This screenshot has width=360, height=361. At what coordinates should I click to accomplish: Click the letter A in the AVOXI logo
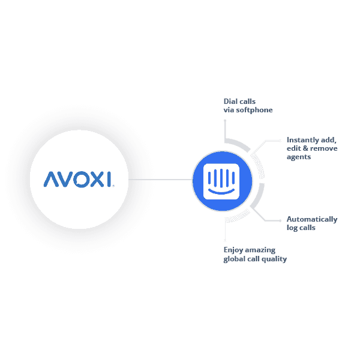[52, 179]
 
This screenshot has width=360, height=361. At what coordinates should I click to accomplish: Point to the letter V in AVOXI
[67, 179]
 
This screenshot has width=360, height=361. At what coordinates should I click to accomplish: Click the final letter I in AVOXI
[109, 179]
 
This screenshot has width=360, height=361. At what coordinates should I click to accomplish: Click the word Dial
[230, 101]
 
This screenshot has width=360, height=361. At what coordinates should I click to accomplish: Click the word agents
[299, 157]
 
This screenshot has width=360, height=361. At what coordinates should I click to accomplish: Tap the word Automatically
[312, 219]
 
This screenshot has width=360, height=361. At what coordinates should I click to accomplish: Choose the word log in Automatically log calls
[292, 228]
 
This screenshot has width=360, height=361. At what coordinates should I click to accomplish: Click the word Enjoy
[233, 250]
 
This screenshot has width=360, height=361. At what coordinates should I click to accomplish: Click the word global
[234, 259]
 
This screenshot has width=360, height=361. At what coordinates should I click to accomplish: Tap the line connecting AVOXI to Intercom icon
[160, 179]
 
